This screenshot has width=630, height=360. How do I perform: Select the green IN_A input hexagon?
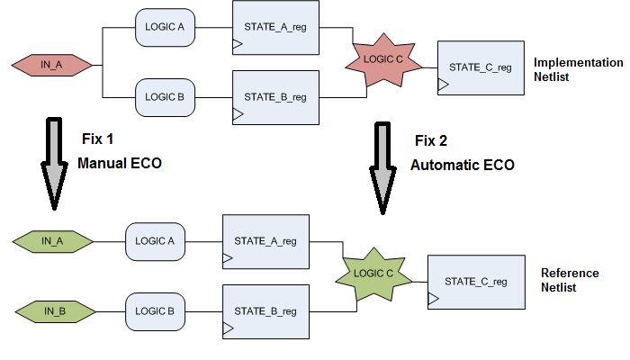pos(53,241)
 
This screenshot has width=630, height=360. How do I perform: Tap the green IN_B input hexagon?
pos(53,310)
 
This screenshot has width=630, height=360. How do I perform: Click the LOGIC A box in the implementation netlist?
pos(165,27)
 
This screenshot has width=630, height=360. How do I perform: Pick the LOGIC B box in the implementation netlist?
pos(165,95)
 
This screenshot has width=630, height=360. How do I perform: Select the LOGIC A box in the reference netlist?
pos(155,241)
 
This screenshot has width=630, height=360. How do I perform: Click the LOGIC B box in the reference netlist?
pos(155,310)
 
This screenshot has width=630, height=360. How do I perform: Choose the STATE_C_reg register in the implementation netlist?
pos(480,67)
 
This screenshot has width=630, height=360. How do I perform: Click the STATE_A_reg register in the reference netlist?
pos(265,240)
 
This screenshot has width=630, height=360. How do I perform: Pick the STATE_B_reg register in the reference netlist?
pos(265,311)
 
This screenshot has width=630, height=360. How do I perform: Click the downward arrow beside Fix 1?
pos(55,162)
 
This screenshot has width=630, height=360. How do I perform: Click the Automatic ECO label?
pos(462,166)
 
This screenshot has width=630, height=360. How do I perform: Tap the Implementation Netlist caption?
pos(578,70)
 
